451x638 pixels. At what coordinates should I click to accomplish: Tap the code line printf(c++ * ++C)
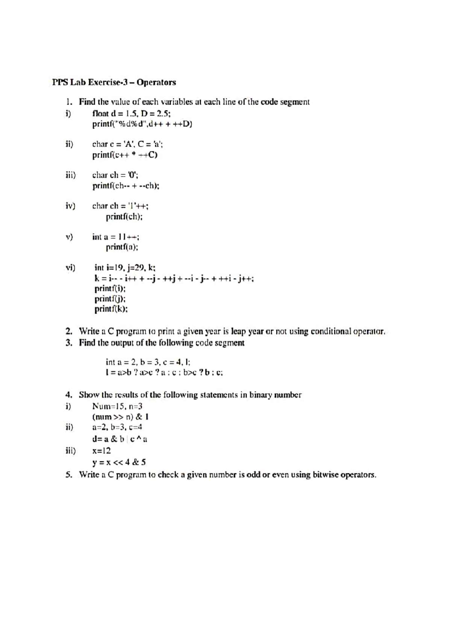point(125,155)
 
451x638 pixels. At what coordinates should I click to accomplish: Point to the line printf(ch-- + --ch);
point(126,186)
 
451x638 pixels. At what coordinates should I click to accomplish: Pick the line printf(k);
point(111,309)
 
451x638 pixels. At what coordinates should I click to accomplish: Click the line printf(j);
point(110,299)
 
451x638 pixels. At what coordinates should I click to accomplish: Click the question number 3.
point(68,343)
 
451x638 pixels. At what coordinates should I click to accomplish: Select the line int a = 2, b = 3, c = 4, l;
point(148,362)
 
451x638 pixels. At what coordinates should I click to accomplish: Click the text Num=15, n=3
point(117,406)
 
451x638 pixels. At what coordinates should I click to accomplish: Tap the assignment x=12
point(101,451)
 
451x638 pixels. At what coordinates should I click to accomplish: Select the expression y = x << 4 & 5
point(119,462)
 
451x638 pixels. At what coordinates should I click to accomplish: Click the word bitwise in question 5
point(326,475)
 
